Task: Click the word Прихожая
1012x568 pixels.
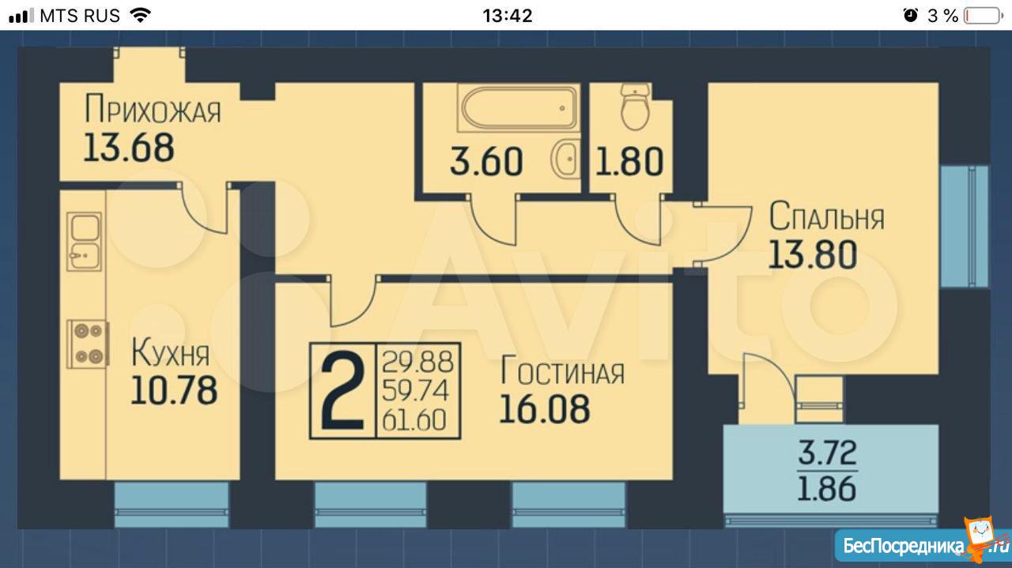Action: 153,109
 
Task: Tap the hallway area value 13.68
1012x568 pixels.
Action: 129,148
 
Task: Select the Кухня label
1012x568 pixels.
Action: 170,353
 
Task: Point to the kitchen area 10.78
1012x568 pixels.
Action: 174,390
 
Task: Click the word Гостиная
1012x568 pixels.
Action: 562,371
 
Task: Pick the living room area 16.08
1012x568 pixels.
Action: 545,409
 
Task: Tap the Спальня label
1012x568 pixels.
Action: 826,216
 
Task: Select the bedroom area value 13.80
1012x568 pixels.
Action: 812,254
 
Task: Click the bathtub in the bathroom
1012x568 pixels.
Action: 518,108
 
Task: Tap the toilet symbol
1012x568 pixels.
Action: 635,107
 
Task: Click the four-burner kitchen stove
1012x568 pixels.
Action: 88,344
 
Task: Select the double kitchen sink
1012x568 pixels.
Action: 84,242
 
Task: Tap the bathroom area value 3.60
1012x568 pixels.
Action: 486,161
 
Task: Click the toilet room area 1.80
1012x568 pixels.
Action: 629,161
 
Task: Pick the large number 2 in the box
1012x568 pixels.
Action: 342,391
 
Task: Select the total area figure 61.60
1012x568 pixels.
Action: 414,419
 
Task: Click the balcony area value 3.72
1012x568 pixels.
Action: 827,453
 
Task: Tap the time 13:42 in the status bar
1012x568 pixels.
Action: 508,16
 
